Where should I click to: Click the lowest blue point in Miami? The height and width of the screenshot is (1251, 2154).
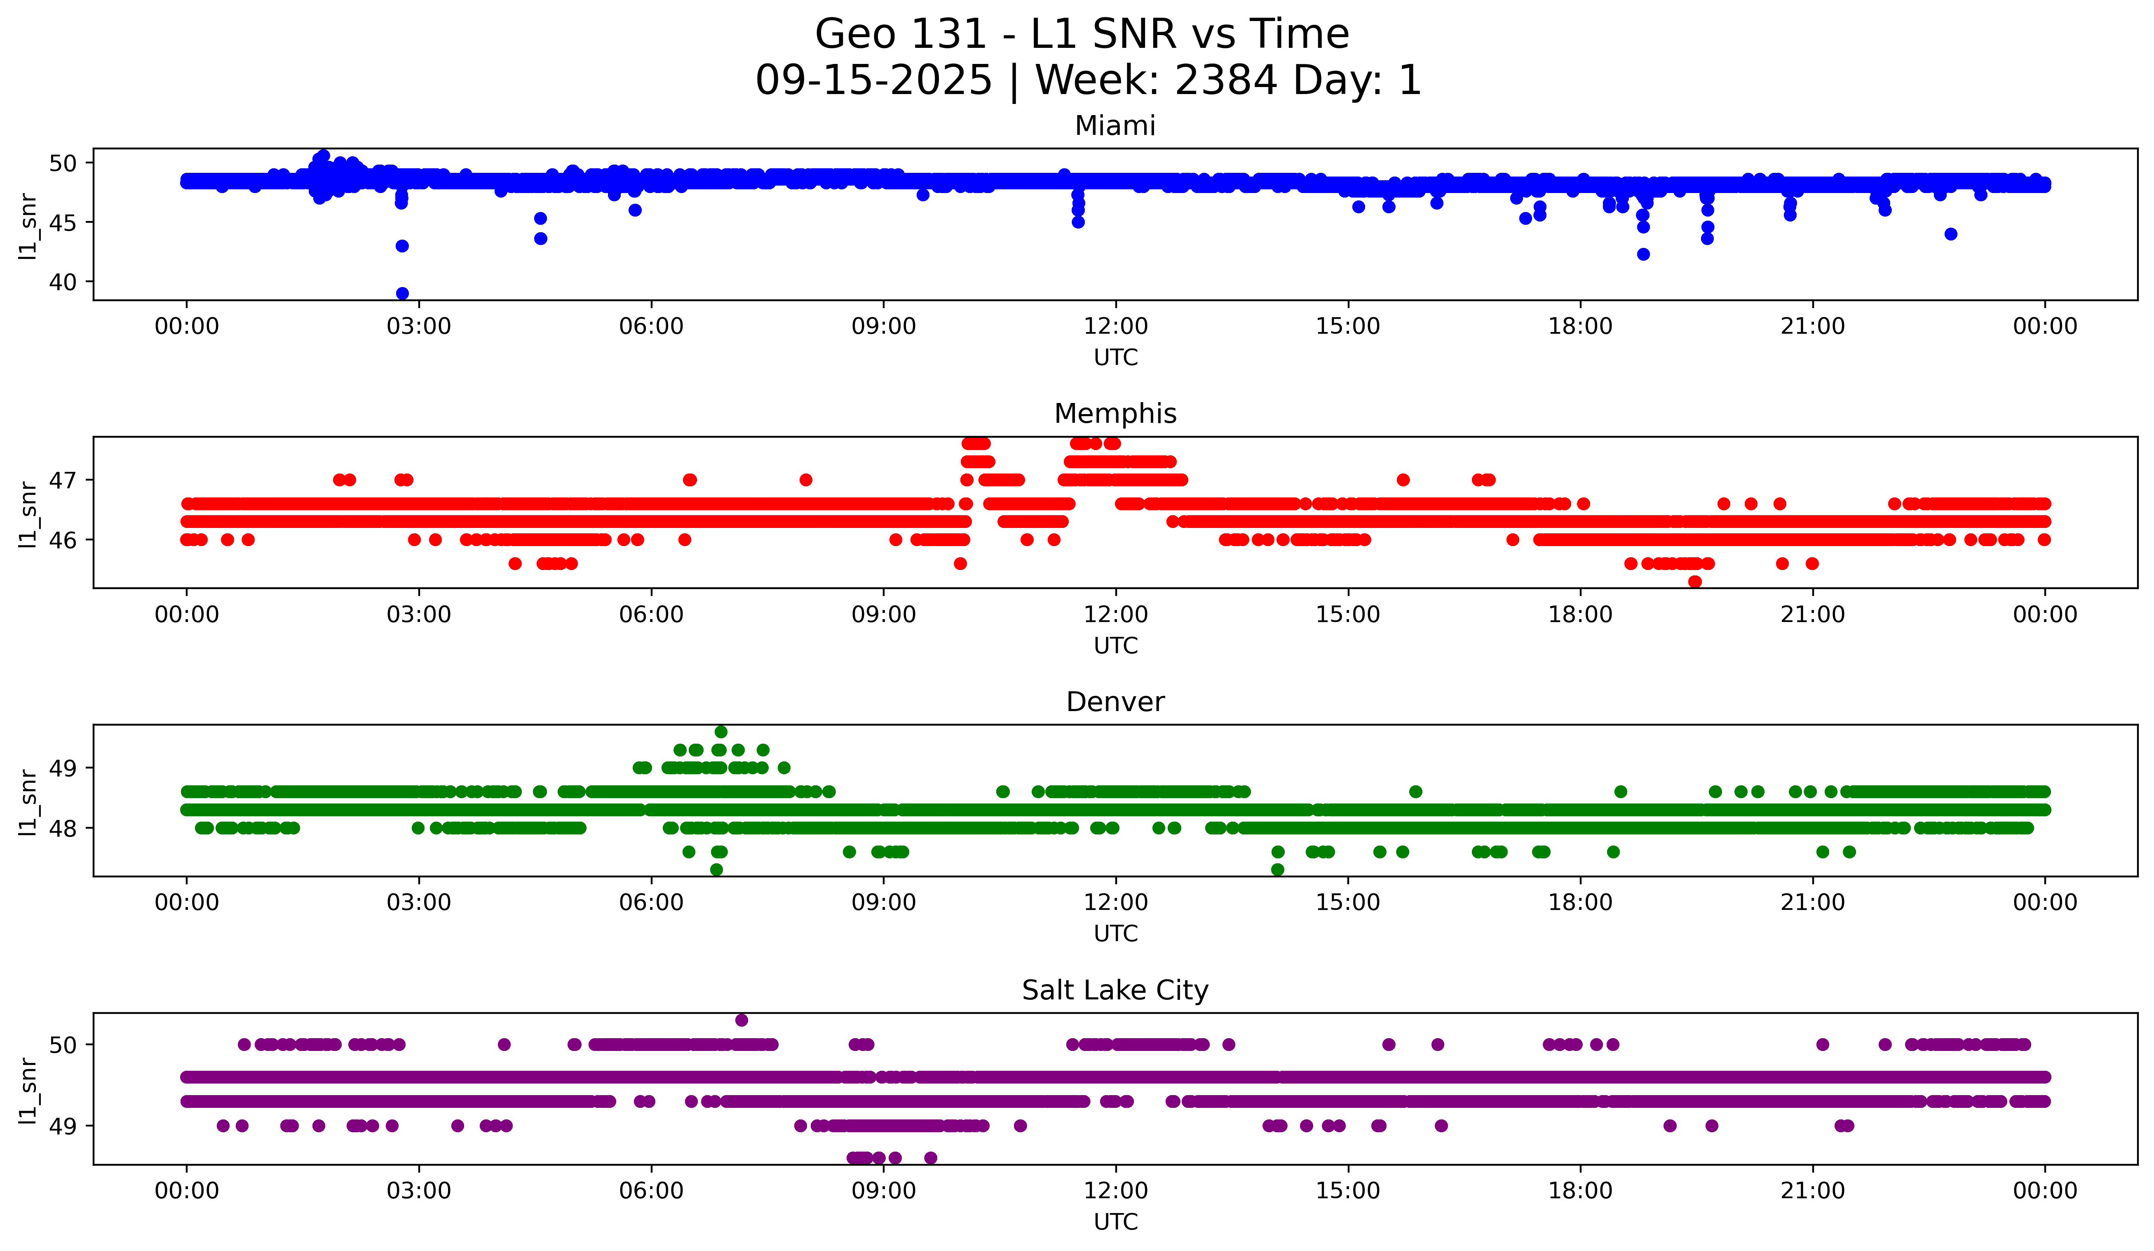click(x=402, y=293)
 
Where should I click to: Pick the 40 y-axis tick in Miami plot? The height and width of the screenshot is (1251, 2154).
click(x=62, y=282)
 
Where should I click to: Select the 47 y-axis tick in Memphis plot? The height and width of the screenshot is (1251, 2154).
click(x=62, y=480)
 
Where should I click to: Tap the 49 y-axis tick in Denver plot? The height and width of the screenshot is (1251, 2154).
click(x=62, y=768)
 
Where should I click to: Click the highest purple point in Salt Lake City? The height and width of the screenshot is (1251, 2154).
click(x=741, y=1020)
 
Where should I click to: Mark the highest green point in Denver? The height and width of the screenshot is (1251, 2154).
click(x=720, y=732)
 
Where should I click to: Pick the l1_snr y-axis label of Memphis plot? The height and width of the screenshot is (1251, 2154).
click(x=28, y=513)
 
